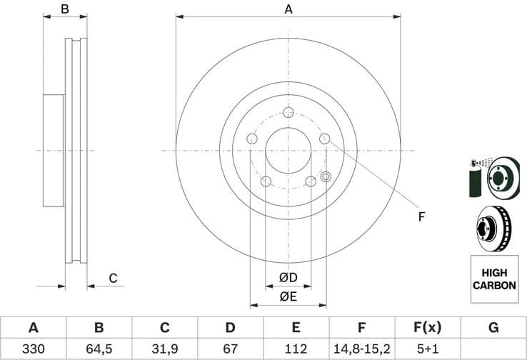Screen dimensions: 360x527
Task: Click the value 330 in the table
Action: pyautogui.click(x=33, y=349)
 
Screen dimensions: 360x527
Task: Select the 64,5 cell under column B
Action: pyautogui.click(x=99, y=349)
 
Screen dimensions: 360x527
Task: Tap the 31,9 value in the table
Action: pyautogui.click(x=165, y=349)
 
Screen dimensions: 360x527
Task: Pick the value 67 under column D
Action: pyautogui.click(x=230, y=349)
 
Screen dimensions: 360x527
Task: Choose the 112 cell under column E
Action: pyautogui.click(x=296, y=349)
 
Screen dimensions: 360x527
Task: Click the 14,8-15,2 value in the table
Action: pyautogui.click(x=361, y=349)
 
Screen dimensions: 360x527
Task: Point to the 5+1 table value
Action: pyautogui.click(x=427, y=349)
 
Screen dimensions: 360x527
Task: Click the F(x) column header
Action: pyautogui.click(x=427, y=328)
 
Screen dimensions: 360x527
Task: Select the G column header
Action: pyautogui.click(x=493, y=328)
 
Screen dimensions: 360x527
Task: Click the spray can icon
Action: pyautogui.click(x=476, y=178)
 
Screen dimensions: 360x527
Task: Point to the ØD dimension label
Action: pyautogui.click(x=288, y=276)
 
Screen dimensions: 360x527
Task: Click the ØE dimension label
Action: pyautogui.click(x=288, y=296)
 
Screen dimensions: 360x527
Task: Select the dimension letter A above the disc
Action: pyautogui.click(x=288, y=9)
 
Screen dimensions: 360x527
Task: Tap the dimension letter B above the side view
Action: pyautogui.click(x=65, y=9)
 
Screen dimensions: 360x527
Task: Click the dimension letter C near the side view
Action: pyautogui.click(x=112, y=279)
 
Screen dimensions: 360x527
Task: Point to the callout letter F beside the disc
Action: pyautogui.click(x=421, y=216)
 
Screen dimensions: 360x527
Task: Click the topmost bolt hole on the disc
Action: pyautogui.click(x=288, y=113)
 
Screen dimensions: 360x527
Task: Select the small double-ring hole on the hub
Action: pyautogui.click(x=326, y=176)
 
